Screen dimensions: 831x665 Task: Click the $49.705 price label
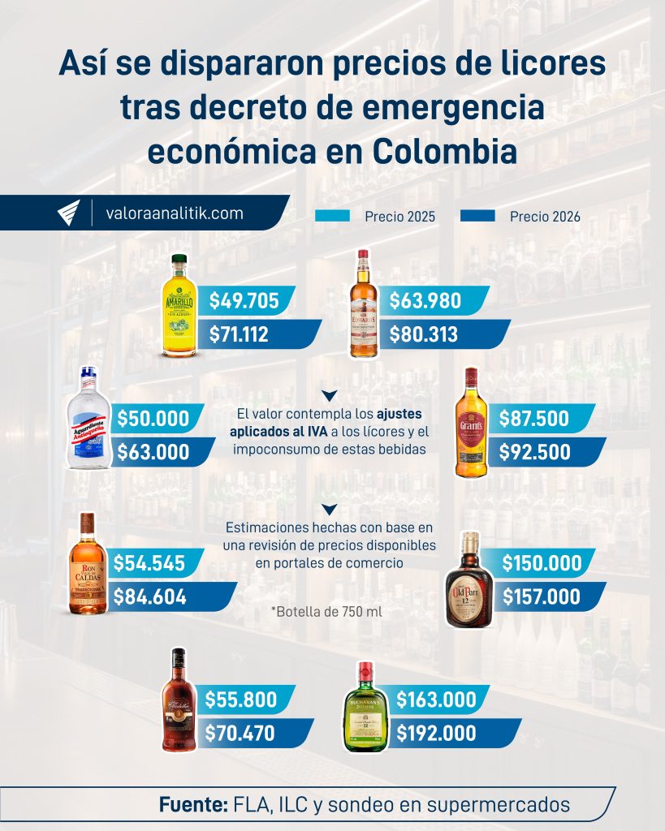[244, 301]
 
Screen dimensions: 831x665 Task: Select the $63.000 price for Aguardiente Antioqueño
[153, 452]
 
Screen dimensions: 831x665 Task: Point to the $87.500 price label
[533, 420]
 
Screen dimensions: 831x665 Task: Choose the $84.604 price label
[150, 596]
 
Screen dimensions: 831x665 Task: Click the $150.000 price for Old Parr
[542, 563]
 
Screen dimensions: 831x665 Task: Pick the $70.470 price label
[240, 734]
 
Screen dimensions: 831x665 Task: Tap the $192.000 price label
[436, 734]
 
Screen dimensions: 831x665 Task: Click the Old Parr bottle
[469, 579]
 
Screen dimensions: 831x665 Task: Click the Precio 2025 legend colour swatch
[330, 216]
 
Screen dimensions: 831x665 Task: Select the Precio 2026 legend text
[545, 217]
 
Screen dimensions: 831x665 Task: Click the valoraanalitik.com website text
[175, 213]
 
